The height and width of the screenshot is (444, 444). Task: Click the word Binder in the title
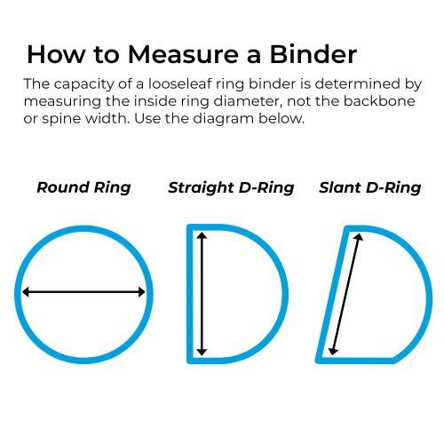(x=313, y=54)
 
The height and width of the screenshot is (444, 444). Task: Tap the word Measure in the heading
(x=183, y=54)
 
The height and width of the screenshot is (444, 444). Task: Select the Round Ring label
(x=83, y=187)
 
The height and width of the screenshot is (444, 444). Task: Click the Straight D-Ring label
(x=231, y=187)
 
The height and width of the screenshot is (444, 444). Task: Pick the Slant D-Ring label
(x=370, y=187)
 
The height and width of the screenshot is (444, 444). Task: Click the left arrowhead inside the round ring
(x=26, y=292)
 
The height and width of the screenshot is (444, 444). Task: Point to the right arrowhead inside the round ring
(x=142, y=292)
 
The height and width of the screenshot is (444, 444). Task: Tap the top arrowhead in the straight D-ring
(x=202, y=235)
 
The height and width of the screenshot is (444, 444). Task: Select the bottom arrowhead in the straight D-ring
(x=202, y=352)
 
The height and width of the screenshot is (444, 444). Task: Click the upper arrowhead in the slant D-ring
(x=359, y=237)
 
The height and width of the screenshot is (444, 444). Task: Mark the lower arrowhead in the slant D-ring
(x=333, y=351)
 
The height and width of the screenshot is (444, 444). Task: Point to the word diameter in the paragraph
(x=246, y=101)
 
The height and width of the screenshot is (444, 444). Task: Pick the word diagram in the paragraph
(x=224, y=120)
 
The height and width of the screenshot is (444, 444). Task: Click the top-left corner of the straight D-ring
(x=188, y=226)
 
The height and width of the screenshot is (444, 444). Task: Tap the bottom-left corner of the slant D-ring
(x=318, y=361)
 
